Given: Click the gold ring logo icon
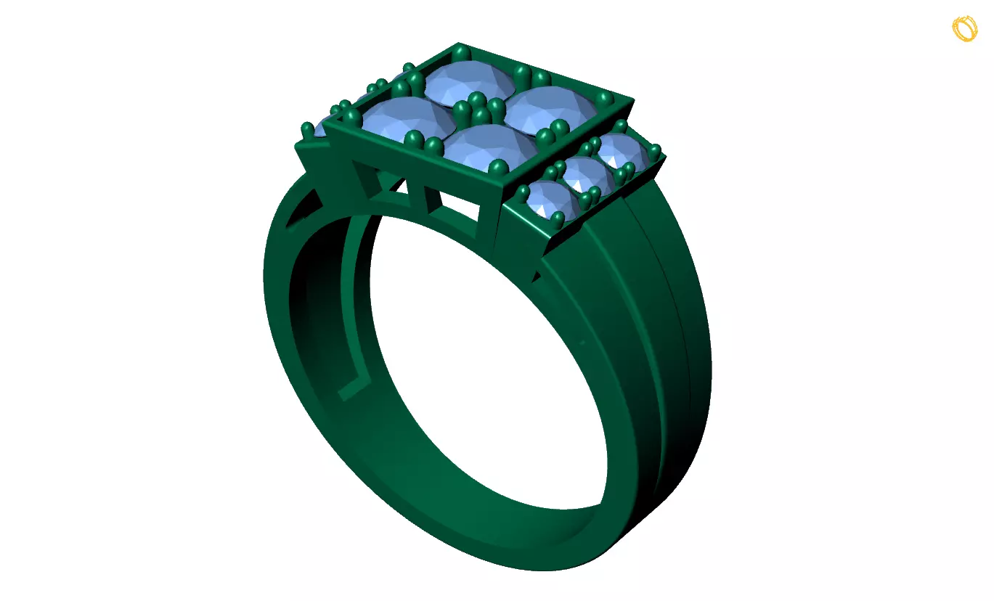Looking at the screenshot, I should (x=964, y=28).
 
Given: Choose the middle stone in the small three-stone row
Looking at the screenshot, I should (x=587, y=175).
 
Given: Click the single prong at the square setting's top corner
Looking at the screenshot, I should (x=461, y=52).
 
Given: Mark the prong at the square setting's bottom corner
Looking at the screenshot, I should (x=497, y=168).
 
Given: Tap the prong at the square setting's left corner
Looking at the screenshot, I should (x=352, y=116).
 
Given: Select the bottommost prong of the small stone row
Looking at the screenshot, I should (x=558, y=218).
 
